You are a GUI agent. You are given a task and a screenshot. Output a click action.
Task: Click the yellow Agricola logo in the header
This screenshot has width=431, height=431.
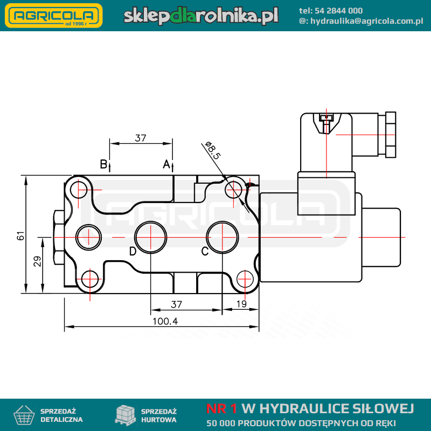click(x=53, y=16)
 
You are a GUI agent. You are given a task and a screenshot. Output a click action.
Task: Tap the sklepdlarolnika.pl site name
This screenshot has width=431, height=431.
click(x=201, y=16)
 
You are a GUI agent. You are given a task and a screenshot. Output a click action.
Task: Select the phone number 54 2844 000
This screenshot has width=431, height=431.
click(x=338, y=11)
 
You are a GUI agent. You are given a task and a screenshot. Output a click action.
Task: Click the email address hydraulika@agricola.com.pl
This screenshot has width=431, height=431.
click(x=367, y=21)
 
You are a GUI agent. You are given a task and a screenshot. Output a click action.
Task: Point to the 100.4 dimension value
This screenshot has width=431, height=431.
click(x=165, y=321)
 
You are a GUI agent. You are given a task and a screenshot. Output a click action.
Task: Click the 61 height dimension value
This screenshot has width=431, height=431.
click(x=20, y=236)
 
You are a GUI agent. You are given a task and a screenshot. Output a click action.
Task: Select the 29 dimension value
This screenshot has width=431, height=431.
click(x=37, y=261)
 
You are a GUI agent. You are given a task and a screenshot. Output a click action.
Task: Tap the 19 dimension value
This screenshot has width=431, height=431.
click(x=241, y=304)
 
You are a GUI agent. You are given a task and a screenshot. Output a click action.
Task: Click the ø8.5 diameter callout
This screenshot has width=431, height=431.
click(x=212, y=150)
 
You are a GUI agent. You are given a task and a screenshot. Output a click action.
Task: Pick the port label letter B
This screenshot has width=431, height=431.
click(x=103, y=164)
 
